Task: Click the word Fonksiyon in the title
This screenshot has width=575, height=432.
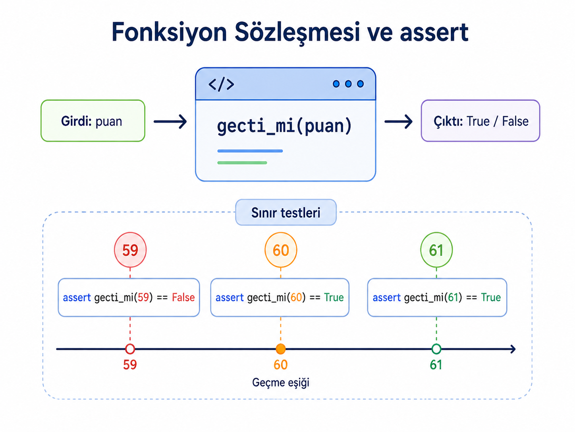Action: pyautogui.click(x=169, y=33)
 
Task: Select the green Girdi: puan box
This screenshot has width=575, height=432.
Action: pyautogui.click(x=93, y=121)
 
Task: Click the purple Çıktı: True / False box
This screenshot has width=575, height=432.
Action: pyautogui.click(x=480, y=121)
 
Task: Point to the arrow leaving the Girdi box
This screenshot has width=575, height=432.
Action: pyautogui.click(x=170, y=121)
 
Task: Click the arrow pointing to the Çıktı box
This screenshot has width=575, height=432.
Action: pyautogui.click(x=398, y=121)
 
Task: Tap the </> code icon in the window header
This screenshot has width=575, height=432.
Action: pyautogui.click(x=221, y=84)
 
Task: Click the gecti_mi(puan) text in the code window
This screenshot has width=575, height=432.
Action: pyautogui.click(x=284, y=126)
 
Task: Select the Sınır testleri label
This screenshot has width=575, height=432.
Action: pyautogui.click(x=286, y=212)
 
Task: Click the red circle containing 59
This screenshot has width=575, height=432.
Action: pyautogui.click(x=130, y=250)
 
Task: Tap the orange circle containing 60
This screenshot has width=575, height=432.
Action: pyautogui.click(x=281, y=250)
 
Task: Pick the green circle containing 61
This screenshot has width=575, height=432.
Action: pyautogui.click(x=436, y=250)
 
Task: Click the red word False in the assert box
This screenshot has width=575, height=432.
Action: pyautogui.click(x=183, y=298)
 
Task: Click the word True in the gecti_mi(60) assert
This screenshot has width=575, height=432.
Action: pyautogui.click(x=334, y=298)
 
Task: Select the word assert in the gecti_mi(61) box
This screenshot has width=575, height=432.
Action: pyautogui.click(x=387, y=298)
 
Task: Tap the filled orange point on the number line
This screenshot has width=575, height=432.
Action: pyautogui.click(x=281, y=349)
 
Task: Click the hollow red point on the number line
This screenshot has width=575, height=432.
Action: pyautogui.click(x=130, y=349)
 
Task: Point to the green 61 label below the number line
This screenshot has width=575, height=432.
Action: pyautogui.click(x=436, y=365)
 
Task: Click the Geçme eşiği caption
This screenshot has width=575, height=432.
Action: pyautogui.click(x=281, y=383)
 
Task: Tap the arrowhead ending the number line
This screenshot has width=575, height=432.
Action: pyautogui.click(x=512, y=349)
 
